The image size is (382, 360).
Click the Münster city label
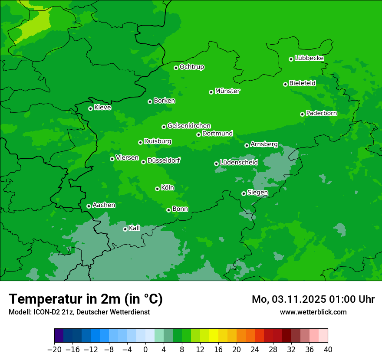tap(227, 91)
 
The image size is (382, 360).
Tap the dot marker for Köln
tap(157, 189)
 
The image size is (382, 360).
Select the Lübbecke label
tap(309, 58)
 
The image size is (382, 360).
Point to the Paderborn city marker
tap(302, 114)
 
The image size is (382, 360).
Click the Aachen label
tap(104, 205)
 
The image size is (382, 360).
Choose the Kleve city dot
tap(90, 108)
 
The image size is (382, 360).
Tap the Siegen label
tap(257, 193)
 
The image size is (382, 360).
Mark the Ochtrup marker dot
tap(176, 68)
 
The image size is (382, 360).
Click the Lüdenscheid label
tap(239, 163)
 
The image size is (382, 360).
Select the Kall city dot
tap(125, 229)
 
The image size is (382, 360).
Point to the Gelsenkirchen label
tap(189, 126)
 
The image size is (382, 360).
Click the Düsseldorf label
tap(164, 160)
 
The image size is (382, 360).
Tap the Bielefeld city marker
tap(285, 84)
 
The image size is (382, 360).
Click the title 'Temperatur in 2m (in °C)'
tap(86, 299)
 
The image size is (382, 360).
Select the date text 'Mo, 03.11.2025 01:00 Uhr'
tap(313, 299)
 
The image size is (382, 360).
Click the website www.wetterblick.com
tap(313, 312)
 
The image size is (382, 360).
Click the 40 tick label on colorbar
tap(328, 350)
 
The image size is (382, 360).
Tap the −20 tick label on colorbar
tap(54, 350)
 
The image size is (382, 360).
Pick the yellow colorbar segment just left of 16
tap(214, 336)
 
